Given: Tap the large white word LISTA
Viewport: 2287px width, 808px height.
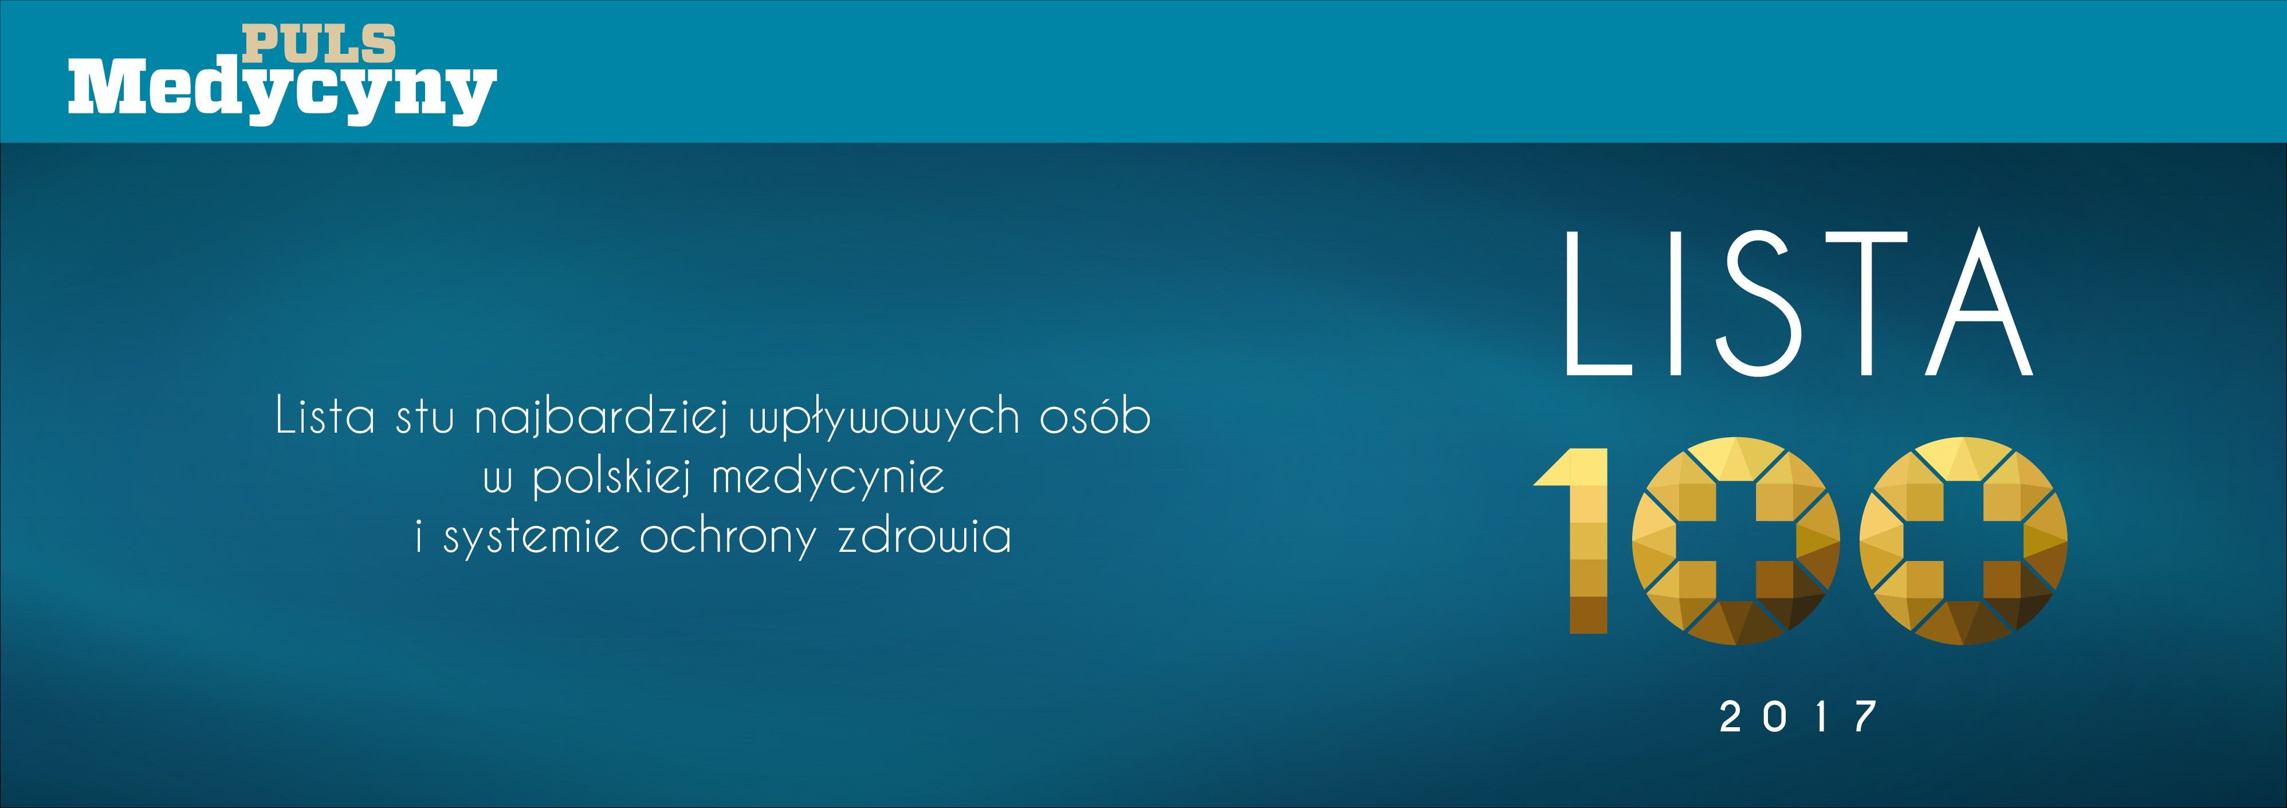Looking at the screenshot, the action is [1798, 304].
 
